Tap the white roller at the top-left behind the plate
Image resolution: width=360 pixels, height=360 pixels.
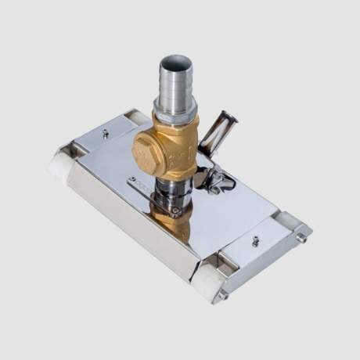tap(138, 117)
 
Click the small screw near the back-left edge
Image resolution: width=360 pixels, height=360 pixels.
tap(106, 134)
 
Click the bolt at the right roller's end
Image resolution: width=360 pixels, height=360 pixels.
tap(301, 237)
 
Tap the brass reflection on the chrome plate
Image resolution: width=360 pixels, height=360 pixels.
tap(174, 224)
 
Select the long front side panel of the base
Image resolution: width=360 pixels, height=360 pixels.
tap(129, 220)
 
